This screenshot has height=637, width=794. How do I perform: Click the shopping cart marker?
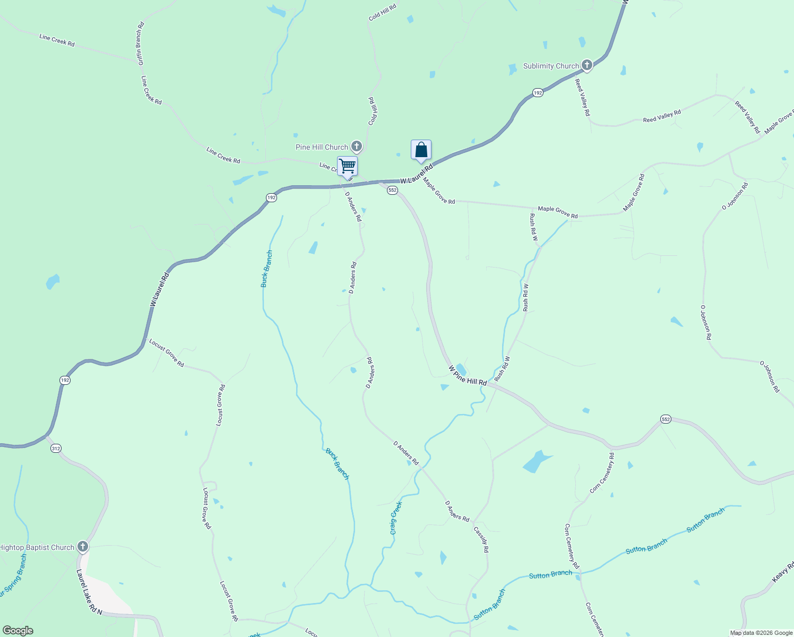coord(347,166)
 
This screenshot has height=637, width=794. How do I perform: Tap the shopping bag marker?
coord(421,150)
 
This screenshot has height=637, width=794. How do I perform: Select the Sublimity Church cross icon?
coord(586,66)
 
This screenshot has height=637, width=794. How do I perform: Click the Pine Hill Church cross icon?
coord(356,147)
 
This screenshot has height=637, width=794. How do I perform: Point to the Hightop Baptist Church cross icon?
coord(82,547)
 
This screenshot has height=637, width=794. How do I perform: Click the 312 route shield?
coord(56,449)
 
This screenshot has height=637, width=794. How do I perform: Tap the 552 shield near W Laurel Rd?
coord(392,190)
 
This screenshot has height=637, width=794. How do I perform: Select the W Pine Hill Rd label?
coord(468,375)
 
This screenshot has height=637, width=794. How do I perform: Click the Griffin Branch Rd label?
coord(141,44)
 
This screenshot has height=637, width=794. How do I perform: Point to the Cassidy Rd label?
coord(481,539)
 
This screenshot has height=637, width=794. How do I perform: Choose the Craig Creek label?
coord(396,518)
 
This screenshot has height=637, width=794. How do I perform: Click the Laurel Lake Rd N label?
coord(89,592)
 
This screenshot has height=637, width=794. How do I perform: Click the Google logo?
coord(18,631)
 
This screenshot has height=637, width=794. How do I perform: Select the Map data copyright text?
coord(761,633)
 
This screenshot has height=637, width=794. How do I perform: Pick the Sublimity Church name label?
coord(551,66)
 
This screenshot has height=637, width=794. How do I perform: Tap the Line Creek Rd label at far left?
coord(57,40)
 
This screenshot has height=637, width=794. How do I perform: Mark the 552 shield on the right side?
coord(666,419)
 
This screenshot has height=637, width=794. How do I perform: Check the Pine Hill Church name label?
coord(322,147)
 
